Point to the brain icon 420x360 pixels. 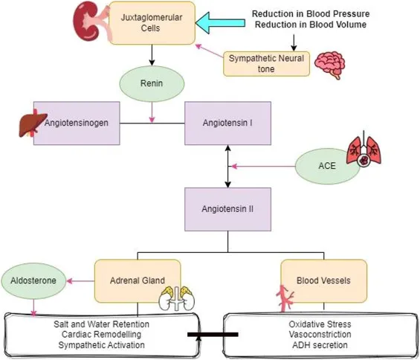coord(329,64)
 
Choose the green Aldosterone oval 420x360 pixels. coord(33,281)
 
